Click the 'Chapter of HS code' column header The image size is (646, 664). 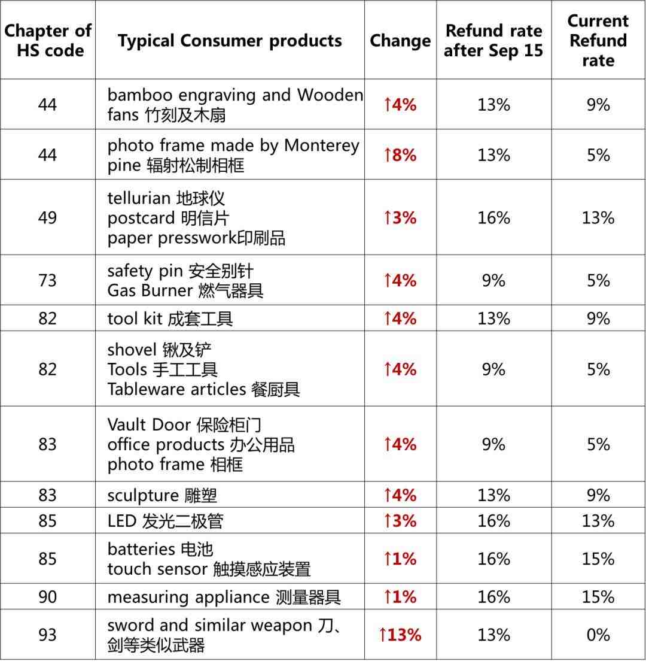point(48,40)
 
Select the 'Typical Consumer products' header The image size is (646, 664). point(230,41)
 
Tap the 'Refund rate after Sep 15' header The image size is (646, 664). point(493,41)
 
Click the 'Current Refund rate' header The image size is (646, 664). point(598,41)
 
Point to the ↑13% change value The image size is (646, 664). point(400,635)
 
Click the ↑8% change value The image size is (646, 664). point(400,155)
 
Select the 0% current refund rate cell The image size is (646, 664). point(598,635)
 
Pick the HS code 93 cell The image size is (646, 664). point(48,635)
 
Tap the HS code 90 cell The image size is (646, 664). point(48,597)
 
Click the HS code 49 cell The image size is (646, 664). point(48,217)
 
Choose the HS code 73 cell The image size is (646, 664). point(48,280)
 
